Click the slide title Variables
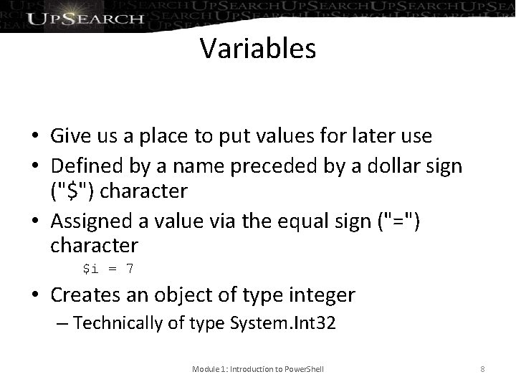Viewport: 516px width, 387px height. coord(258,48)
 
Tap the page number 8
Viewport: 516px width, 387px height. coord(483,369)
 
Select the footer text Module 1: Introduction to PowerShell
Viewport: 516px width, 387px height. coord(258,369)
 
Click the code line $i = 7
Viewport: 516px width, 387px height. coord(107,269)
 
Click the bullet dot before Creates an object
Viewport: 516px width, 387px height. coord(35,295)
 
